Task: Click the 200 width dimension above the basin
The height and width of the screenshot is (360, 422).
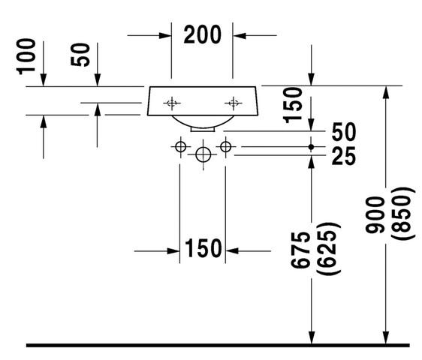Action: (203, 34)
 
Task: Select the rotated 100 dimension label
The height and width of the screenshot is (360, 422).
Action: (26, 56)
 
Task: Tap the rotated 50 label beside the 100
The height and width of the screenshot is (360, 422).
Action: (80, 55)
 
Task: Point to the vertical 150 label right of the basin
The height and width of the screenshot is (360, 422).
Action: (293, 105)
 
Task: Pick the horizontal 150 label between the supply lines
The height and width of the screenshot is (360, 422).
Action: (203, 248)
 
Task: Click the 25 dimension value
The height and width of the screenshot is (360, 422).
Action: (344, 156)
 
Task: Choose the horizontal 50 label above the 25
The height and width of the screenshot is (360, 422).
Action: (344, 132)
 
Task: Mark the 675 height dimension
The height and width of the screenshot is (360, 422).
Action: (300, 250)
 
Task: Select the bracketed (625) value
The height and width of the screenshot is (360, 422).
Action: (329, 248)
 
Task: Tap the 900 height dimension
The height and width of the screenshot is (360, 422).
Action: (375, 214)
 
